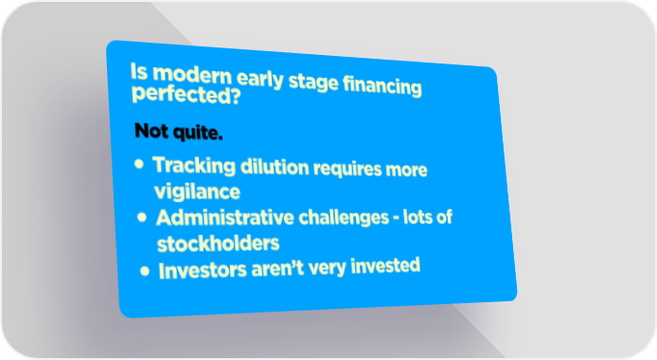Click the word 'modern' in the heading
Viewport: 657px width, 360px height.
(x=192, y=75)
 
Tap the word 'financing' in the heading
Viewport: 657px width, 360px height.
(x=382, y=86)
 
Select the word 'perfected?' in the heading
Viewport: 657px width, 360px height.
(x=186, y=95)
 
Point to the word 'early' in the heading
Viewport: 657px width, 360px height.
(x=259, y=79)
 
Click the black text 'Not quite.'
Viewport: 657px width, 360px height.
(x=179, y=132)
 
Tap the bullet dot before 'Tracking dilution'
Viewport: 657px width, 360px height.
(x=139, y=164)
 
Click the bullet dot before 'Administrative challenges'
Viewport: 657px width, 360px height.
(x=142, y=217)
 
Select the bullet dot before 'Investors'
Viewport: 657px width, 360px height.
(x=145, y=271)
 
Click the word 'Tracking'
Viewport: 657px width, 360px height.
(x=194, y=165)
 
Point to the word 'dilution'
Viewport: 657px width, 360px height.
(x=275, y=168)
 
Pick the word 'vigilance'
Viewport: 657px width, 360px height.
(x=197, y=192)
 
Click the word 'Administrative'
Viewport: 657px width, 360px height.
(x=225, y=218)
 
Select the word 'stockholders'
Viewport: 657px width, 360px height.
(x=218, y=243)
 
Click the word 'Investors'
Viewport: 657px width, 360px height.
(x=203, y=271)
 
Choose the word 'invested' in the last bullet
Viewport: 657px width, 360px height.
(x=385, y=265)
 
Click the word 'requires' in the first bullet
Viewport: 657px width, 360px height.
(x=347, y=169)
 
